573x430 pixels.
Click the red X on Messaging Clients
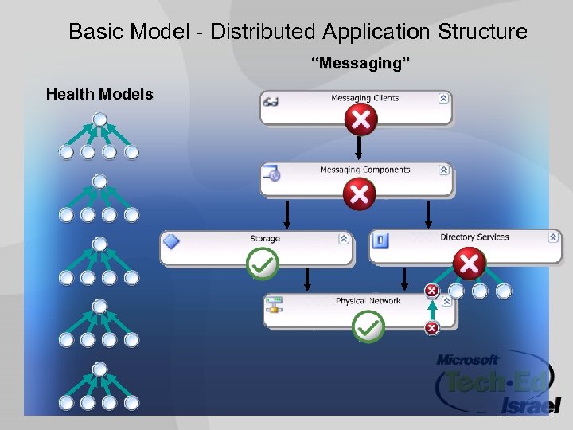361,120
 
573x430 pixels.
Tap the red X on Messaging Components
360,193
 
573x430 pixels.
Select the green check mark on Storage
263,264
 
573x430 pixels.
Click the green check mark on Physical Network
368,326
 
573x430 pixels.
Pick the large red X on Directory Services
470,264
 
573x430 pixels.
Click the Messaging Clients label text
364,99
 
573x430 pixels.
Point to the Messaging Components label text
364,170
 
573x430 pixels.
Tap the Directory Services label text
474,237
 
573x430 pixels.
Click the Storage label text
265,239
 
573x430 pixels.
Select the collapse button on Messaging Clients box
443,99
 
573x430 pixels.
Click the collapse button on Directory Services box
553,237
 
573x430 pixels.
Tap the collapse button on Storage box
344,238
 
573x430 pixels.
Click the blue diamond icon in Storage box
171,240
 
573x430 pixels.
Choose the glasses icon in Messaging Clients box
271,100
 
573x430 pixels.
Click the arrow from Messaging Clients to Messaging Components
359,147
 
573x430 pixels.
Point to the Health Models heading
99,95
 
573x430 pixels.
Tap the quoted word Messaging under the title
361,64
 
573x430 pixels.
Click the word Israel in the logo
526,405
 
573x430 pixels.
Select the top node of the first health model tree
99,120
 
